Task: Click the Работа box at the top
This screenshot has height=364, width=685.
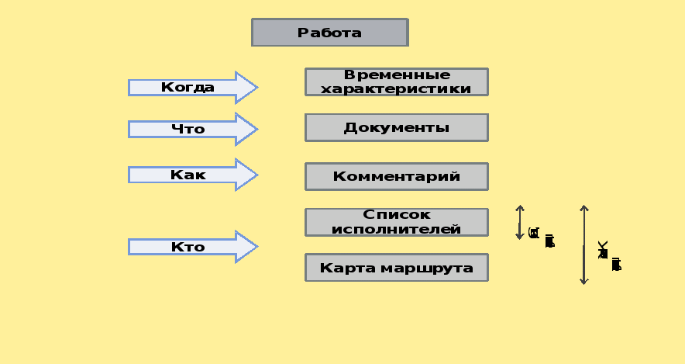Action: pyautogui.click(x=329, y=33)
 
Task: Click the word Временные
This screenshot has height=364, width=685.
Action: pyautogui.click(x=397, y=75)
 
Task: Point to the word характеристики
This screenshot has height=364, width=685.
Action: pyautogui.click(x=397, y=88)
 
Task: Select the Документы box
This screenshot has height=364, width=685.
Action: pyautogui.click(x=397, y=127)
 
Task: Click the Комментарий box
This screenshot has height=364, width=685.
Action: pyautogui.click(x=397, y=176)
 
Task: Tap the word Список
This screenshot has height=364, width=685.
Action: pyautogui.click(x=397, y=215)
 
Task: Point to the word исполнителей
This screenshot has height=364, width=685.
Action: pyautogui.click(x=397, y=229)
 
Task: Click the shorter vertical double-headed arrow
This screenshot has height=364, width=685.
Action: pyautogui.click(x=520, y=222)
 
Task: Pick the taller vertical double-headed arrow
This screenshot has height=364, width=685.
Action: pyautogui.click(x=584, y=244)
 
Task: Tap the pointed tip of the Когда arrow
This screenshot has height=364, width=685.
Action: pyautogui.click(x=255, y=88)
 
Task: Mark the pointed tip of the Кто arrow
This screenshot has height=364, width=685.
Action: pyautogui.click(x=255, y=247)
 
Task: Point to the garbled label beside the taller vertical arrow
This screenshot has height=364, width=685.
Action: pyautogui.click(x=609, y=258)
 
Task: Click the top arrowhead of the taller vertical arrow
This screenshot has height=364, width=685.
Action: pyautogui.click(x=584, y=208)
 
